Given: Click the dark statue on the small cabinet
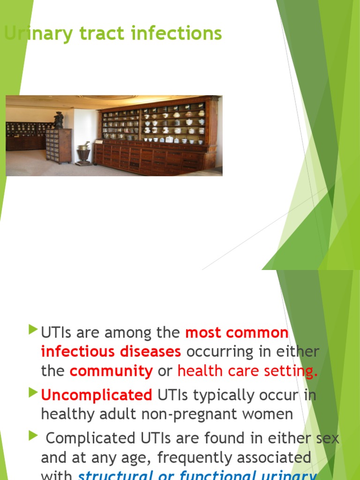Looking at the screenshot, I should (x=59, y=120).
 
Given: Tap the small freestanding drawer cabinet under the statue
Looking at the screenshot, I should (x=59, y=145).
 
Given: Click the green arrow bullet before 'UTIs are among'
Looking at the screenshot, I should (x=32, y=330).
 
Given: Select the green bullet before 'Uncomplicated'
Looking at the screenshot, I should (x=32, y=392).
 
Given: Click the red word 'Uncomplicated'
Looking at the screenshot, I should (x=97, y=395).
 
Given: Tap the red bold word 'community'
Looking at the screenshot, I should (x=111, y=371).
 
